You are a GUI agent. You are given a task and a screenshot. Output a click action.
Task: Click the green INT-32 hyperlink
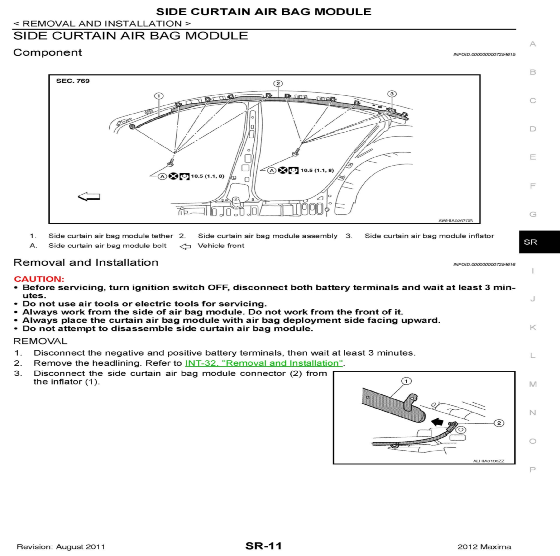click(264, 363)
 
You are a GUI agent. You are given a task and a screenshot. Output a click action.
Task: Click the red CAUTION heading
click(39, 279)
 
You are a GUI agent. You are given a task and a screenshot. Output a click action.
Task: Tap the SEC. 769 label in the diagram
click(73, 81)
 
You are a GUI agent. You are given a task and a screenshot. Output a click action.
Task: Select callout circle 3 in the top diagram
click(392, 94)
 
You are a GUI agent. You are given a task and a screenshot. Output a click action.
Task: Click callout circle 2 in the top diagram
click(278, 83)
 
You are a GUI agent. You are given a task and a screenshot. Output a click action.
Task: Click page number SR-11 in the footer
click(263, 546)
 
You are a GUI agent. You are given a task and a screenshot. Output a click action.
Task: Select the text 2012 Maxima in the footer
click(484, 547)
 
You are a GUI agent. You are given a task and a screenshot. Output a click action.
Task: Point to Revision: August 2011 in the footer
click(61, 547)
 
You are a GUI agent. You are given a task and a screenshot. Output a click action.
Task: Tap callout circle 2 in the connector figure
click(499, 423)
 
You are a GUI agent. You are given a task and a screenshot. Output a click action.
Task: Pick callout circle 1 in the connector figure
click(406, 381)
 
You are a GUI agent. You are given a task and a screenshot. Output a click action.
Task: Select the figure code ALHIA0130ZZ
click(489, 461)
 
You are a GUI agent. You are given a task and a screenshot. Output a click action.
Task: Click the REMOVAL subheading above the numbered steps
click(40, 341)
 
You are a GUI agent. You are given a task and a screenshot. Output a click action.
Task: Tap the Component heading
click(48, 52)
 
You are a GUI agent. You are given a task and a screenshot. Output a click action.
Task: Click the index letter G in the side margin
click(533, 214)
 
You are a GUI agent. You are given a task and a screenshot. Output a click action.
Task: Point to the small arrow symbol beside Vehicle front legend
click(185, 246)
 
